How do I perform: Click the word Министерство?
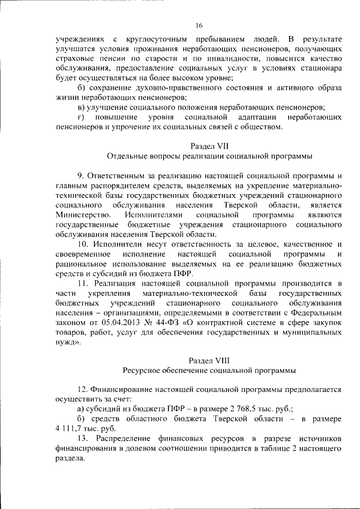click(79, 215)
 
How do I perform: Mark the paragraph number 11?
click(83, 283)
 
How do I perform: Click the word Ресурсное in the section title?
click(141, 370)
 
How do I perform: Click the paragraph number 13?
click(83, 438)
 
